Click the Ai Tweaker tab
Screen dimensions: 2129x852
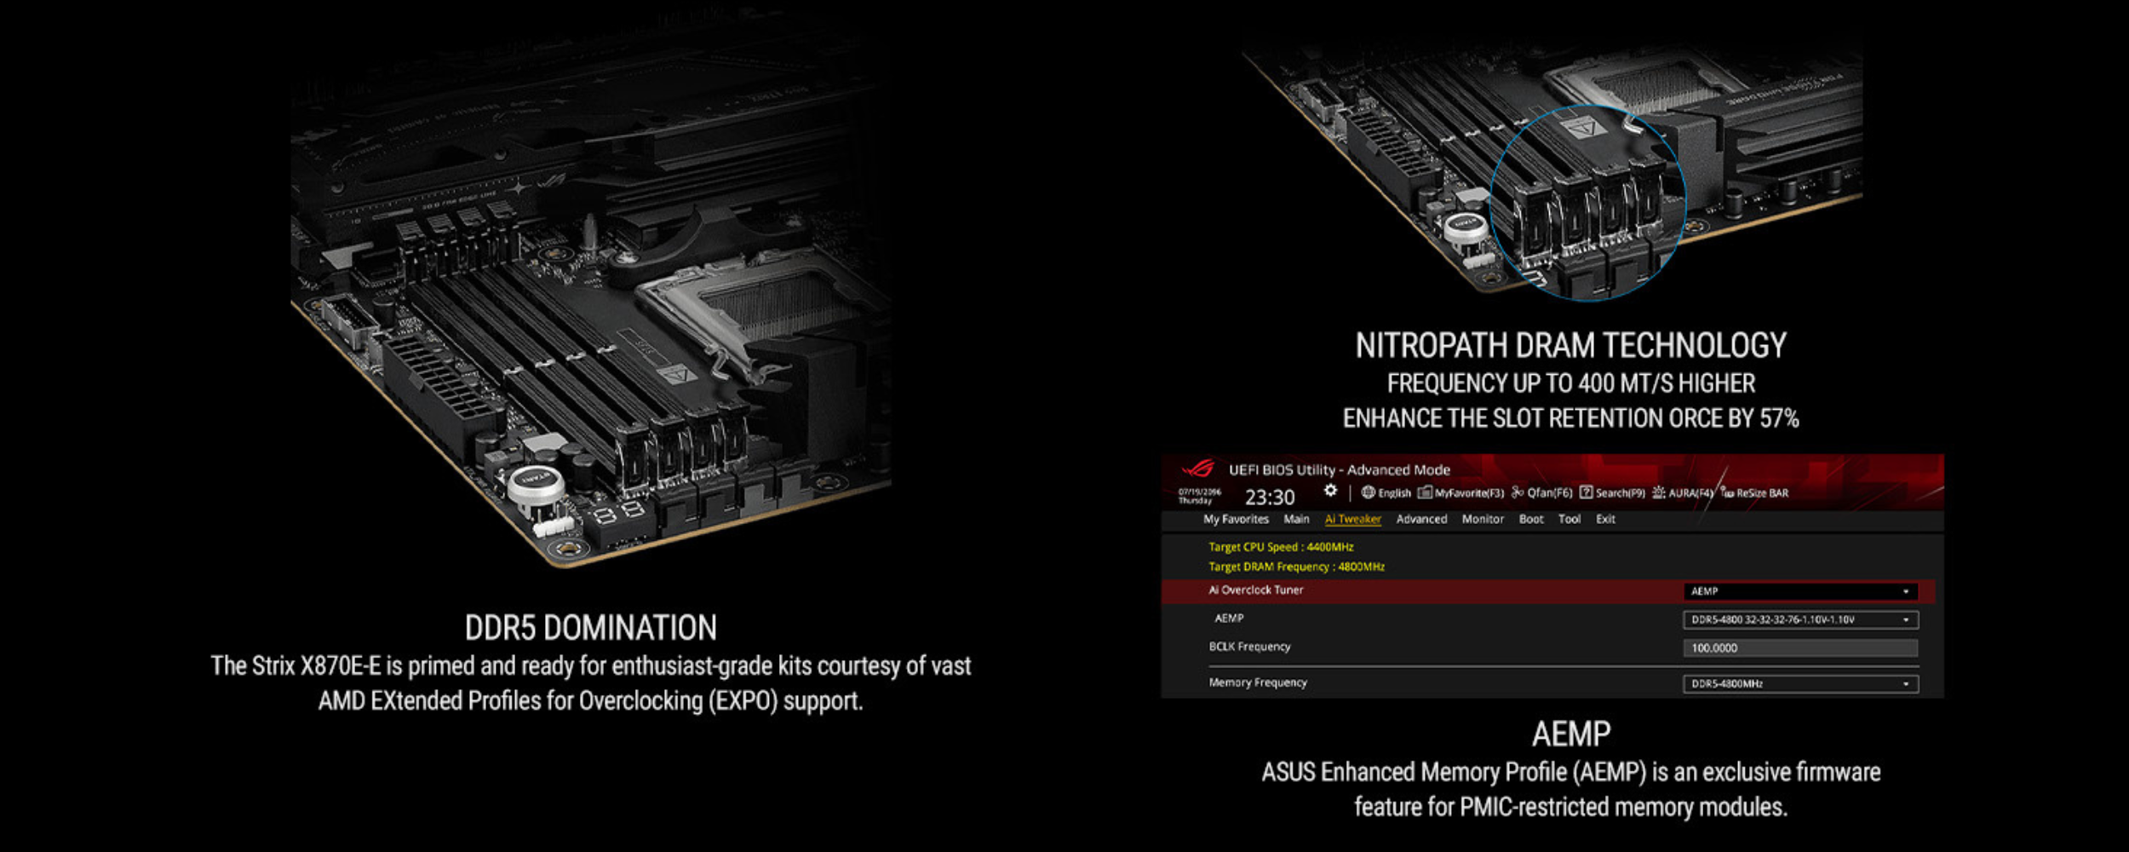pos(1352,519)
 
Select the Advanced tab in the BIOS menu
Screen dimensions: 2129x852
pos(1421,519)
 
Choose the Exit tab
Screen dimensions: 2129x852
pos(1605,519)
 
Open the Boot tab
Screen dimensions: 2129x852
pos(1530,519)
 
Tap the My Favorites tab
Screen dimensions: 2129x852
pos(1236,519)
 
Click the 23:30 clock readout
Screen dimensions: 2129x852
pos(1270,497)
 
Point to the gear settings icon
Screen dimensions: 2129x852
pos(1330,491)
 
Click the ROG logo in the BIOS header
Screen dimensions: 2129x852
pos(1198,469)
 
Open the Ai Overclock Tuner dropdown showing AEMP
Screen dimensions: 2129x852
pos(1800,591)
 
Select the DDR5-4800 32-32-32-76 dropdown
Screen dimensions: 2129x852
pos(1800,620)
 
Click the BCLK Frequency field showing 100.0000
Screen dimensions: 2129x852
pos(1800,648)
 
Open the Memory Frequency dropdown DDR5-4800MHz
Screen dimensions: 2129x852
pos(1800,684)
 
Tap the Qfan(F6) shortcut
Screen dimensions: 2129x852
pos(1542,492)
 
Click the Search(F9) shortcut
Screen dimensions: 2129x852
pos(1613,492)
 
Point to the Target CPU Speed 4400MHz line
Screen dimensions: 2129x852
pos(1281,547)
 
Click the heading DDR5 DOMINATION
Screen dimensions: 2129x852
pos(590,628)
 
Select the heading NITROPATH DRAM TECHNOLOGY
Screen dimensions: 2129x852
pos(1570,346)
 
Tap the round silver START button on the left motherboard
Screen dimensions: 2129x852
pos(536,484)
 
